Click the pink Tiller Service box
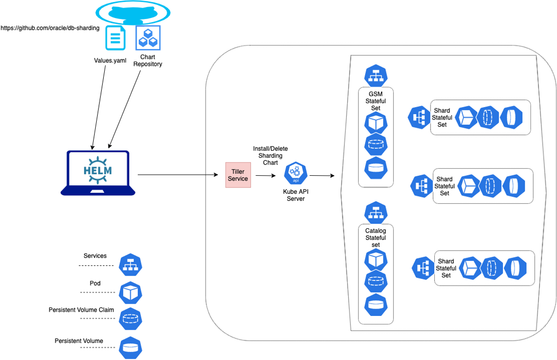coord(238,175)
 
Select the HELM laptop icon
coord(98,172)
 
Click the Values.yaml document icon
coord(116,38)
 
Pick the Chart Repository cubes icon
coord(148,38)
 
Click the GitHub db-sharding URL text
coord(50,28)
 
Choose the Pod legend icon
coord(130,293)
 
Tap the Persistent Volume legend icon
coord(130,347)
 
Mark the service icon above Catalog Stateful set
coord(376,213)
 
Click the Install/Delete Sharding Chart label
coord(270,155)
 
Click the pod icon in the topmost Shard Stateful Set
coord(466,117)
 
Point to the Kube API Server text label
coord(296,195)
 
